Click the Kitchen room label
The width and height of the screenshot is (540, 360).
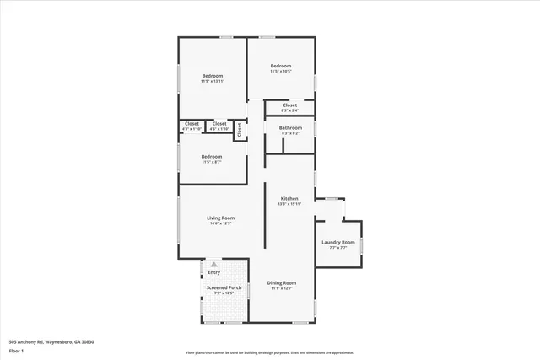tap(289, 198)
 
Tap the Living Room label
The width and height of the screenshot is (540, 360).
tap(220, 218)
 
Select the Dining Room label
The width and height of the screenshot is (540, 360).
tap(281, 282)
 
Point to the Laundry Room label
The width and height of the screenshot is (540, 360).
tap(337, 243)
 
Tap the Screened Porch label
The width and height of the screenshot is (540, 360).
tap(223, 287)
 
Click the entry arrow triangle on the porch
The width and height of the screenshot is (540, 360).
tap(213, 265)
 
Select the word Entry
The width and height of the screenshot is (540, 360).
tap(213, 272)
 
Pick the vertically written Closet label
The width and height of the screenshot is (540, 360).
tap(240, 130)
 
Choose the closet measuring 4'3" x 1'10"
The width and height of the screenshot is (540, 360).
tap(192, 129)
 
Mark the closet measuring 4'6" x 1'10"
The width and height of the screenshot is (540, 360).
tap(219, 129)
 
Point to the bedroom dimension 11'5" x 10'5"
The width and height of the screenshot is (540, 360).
tap(280, 72)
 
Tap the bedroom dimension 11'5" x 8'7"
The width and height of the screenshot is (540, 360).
tap(212, 162)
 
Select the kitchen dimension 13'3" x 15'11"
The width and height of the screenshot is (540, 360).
tap(289, 204)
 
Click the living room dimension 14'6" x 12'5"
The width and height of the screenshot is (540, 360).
tap(220, 223)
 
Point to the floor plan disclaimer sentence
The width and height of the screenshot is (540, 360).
tap(269, 353)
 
